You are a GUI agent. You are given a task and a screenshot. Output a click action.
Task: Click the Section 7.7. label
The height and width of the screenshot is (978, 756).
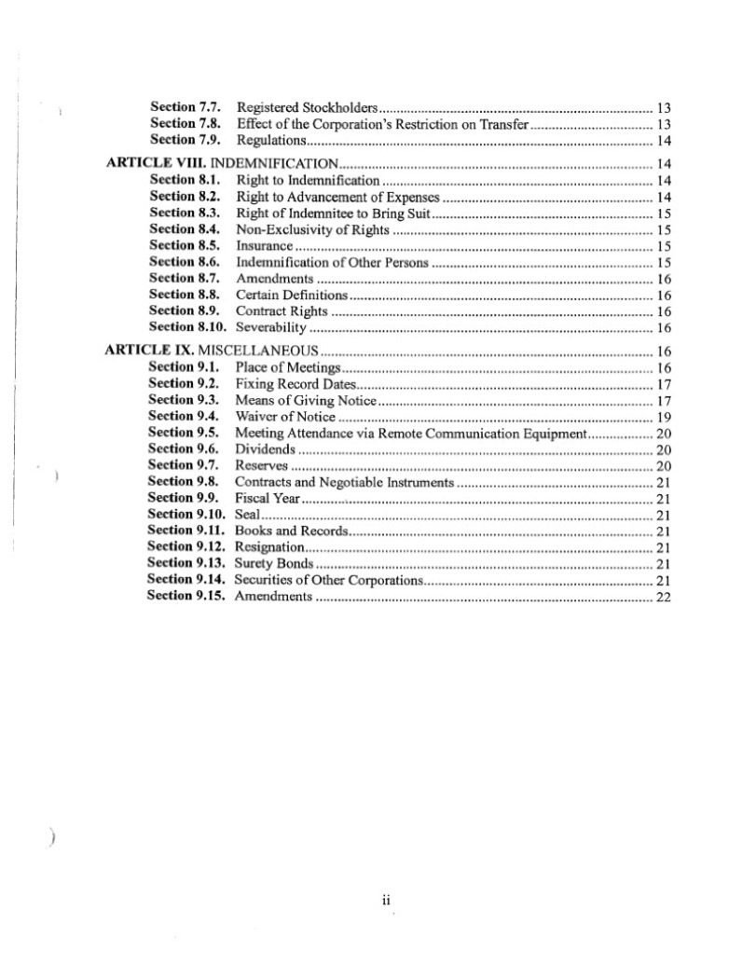point(184,107)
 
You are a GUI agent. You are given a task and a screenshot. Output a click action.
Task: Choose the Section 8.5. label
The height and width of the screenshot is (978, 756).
point(184,246)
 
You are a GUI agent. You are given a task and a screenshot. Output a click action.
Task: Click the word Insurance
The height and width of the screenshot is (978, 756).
point(265,247)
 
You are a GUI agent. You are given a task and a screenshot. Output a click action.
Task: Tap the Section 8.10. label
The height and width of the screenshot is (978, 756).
point(187,327)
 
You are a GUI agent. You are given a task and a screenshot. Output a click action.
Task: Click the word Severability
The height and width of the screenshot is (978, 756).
point(271,328)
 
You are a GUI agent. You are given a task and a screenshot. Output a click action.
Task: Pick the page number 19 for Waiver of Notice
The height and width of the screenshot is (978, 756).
point(664,417)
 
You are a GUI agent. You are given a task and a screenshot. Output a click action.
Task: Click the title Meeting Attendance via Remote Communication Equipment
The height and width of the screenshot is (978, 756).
point(409,434)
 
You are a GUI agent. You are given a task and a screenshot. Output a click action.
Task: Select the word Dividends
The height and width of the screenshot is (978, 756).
point(265,449)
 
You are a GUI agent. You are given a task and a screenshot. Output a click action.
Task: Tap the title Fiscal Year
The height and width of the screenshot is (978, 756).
point(267,499)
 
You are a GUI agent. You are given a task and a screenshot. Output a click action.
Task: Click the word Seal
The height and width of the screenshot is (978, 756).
point(246,515)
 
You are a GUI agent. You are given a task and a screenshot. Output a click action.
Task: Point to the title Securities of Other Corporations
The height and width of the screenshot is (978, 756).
point(328,580)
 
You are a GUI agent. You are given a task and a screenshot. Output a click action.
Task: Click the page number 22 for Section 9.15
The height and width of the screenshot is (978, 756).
point(664,597)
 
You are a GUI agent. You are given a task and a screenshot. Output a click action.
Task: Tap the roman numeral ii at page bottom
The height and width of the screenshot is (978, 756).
point(385,902)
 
